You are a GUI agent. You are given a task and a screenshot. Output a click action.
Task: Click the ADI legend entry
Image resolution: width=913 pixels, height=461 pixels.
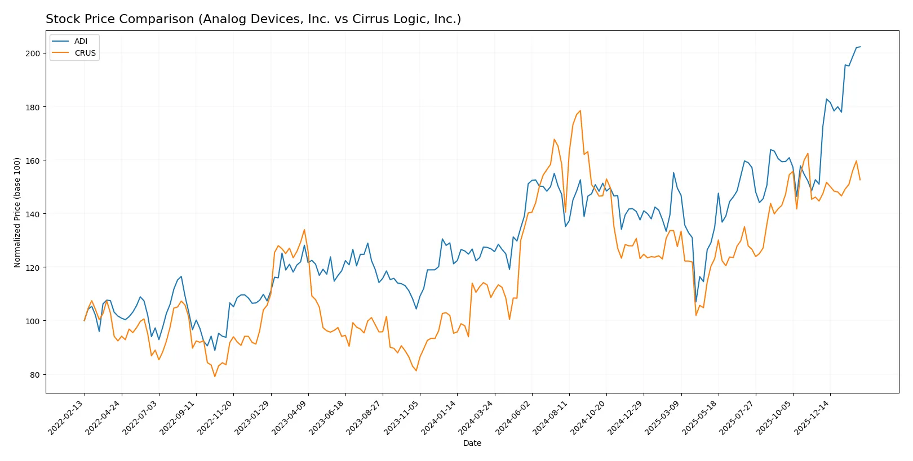click(x=81, y=41)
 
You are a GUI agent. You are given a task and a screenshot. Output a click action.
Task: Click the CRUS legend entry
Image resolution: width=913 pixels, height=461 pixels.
click(x=85, y=53)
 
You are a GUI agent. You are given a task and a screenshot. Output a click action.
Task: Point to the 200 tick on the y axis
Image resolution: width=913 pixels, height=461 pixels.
click(x=33, y=53)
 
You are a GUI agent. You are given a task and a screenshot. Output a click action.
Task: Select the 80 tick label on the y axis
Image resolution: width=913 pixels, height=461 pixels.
click(x=35, y=375)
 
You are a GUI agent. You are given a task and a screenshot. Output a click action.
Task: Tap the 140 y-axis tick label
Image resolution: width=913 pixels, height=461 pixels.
click(x=33, y=214)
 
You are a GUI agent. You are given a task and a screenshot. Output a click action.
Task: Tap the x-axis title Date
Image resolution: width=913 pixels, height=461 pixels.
click(x=472, y=443)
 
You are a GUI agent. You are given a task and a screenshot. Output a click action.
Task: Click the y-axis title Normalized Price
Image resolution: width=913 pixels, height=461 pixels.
click(x=17, y=212)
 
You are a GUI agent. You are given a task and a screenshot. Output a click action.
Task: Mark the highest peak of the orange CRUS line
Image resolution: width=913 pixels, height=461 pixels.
click(x=580, y=111)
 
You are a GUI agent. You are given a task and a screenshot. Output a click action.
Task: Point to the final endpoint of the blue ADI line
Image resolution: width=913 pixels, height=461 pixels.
click(x=860, y=47)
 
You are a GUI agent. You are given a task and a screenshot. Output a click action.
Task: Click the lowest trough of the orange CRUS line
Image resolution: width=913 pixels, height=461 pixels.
click(x=215, y=376)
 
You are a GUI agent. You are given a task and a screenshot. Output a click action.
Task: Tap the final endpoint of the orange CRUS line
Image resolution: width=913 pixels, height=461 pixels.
click(x=860, y=180)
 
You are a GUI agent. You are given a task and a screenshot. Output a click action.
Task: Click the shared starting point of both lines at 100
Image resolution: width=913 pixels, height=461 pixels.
click(x=85, y=321)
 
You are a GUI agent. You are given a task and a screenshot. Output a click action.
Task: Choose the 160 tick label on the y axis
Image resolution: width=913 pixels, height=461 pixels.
click(x=33, y=161)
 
